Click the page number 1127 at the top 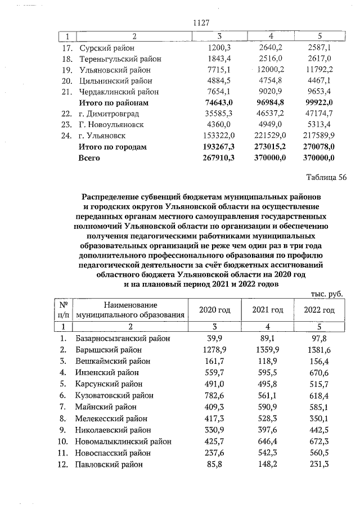(x=201, y=23)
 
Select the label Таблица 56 (x=326, y=177)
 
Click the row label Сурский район (x=107, y=48)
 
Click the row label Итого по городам (x=112, y=147)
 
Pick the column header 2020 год (x=215, y=310)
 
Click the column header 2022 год (x=319, y=310)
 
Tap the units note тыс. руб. (x=326, y=294)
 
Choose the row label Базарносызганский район (x=123, y=339)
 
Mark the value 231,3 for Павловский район (x=319, y=464)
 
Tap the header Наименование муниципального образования (x=130, y=310)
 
